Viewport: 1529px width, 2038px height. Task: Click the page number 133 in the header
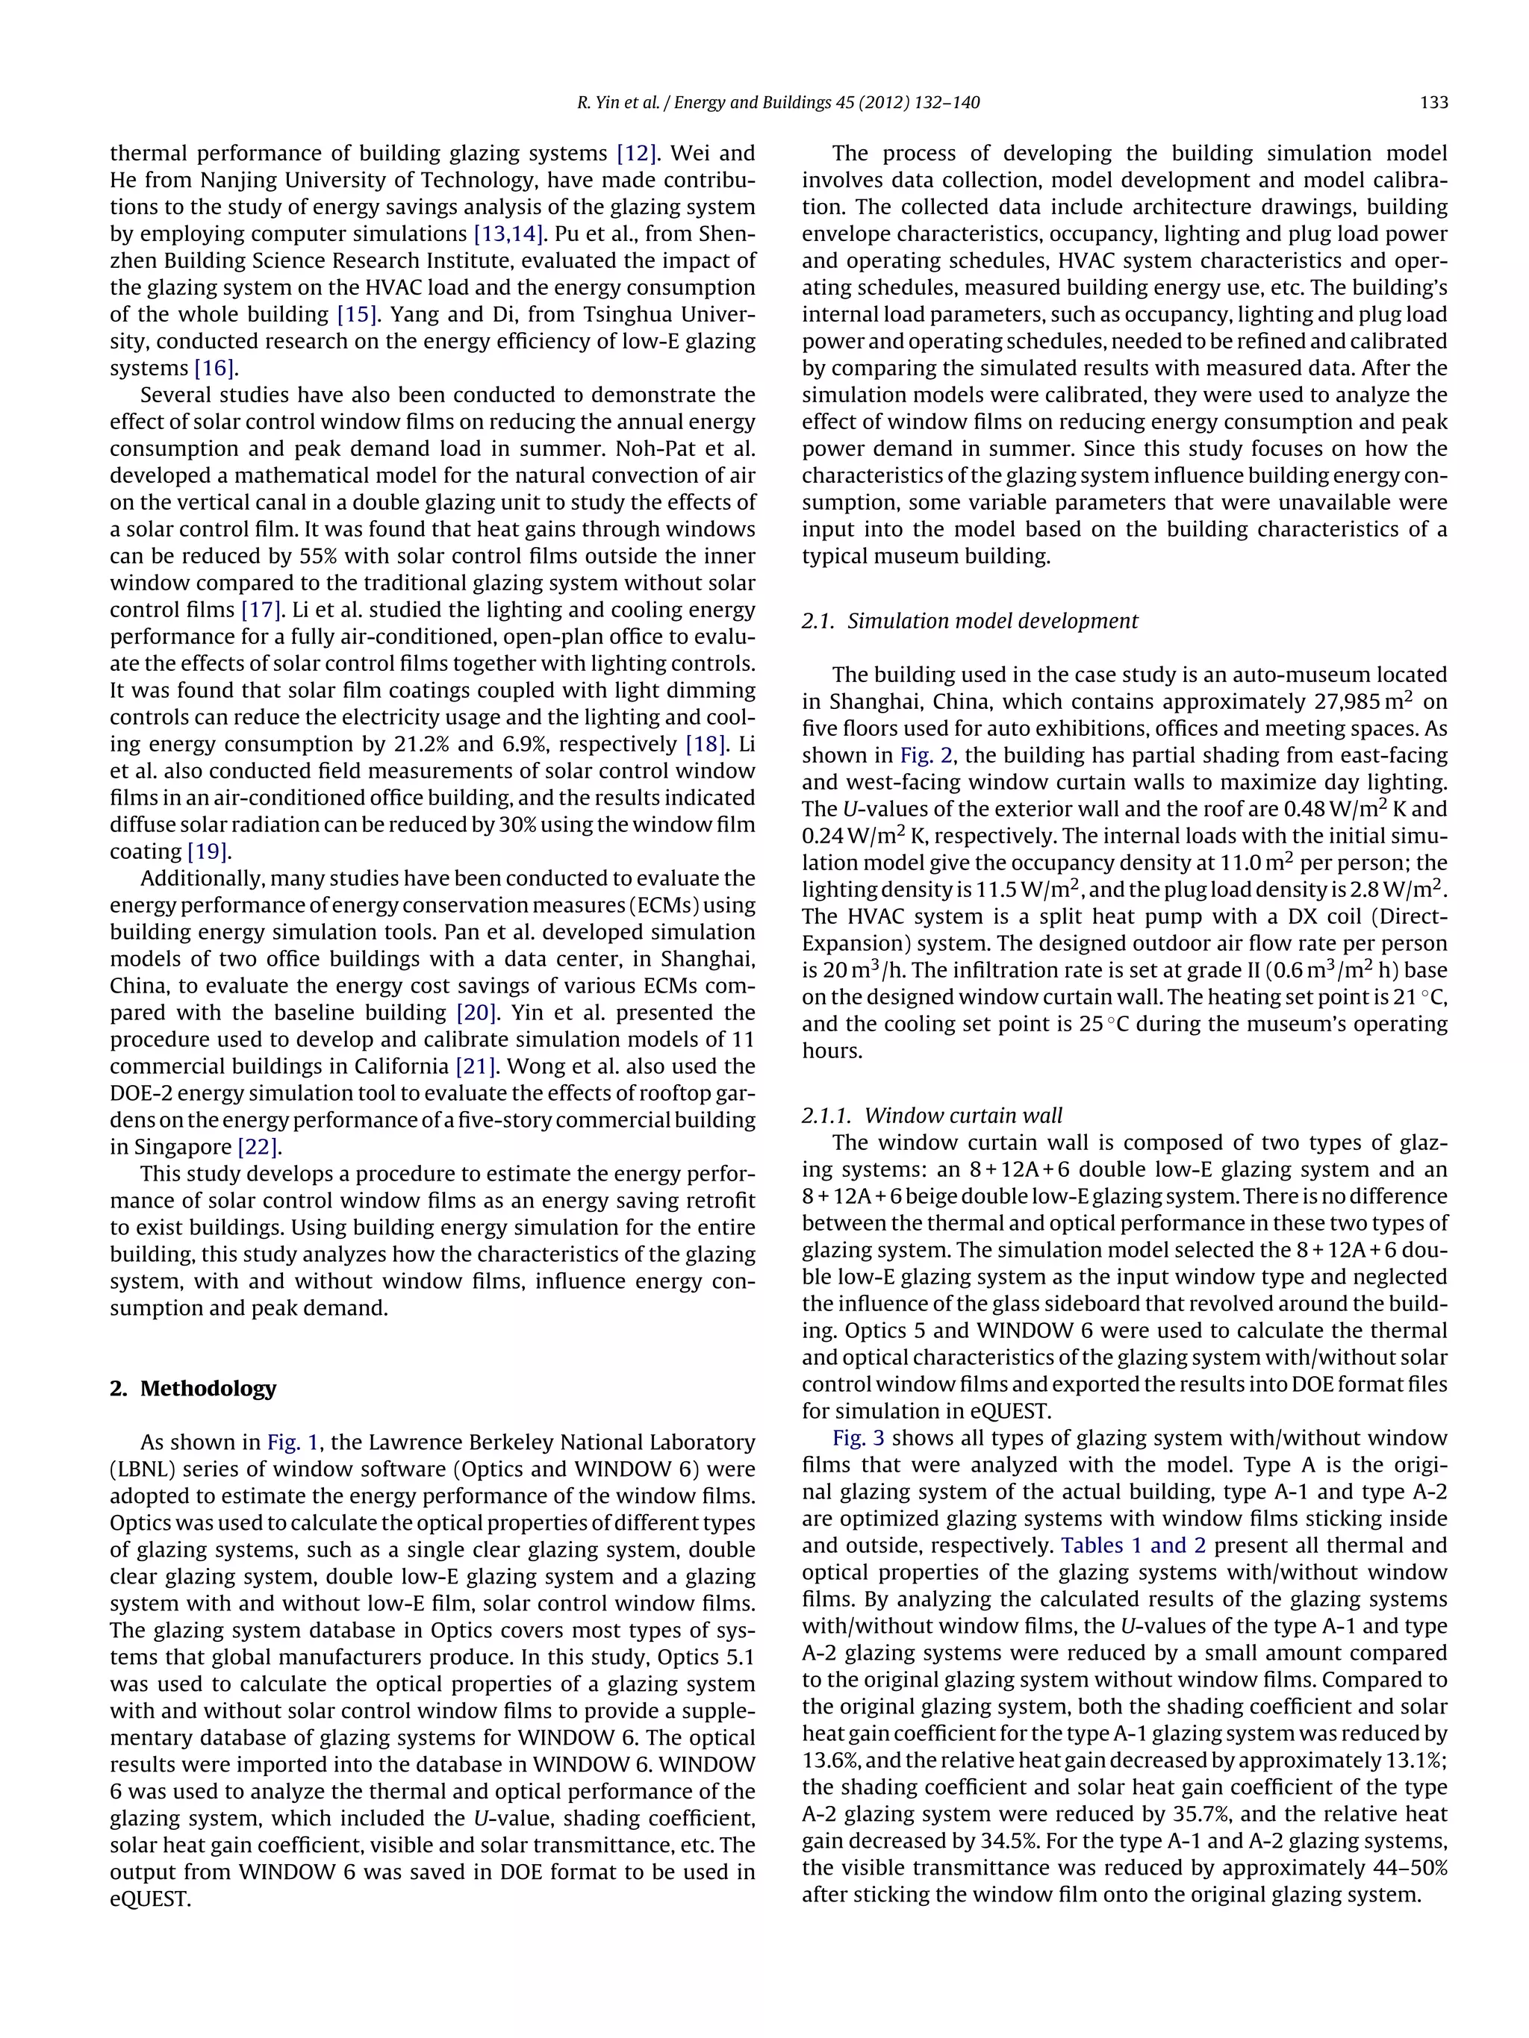pos(1433,102)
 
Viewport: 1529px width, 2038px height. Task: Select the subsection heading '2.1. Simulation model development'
pos(970,621)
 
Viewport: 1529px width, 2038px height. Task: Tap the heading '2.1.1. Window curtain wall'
pos(932,1116)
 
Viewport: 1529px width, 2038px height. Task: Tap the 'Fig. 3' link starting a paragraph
pos(859,1438)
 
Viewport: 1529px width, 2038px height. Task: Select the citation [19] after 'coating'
pos(208,851)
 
